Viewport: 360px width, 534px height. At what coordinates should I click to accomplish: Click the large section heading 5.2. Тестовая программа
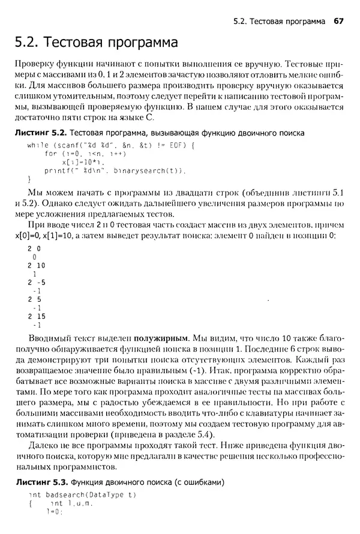point(96,43)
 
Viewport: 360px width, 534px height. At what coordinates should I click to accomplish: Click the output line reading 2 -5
point(36,281)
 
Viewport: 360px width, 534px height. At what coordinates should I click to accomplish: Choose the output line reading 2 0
point(34,248)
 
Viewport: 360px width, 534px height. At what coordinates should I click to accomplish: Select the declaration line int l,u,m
point(71,503)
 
